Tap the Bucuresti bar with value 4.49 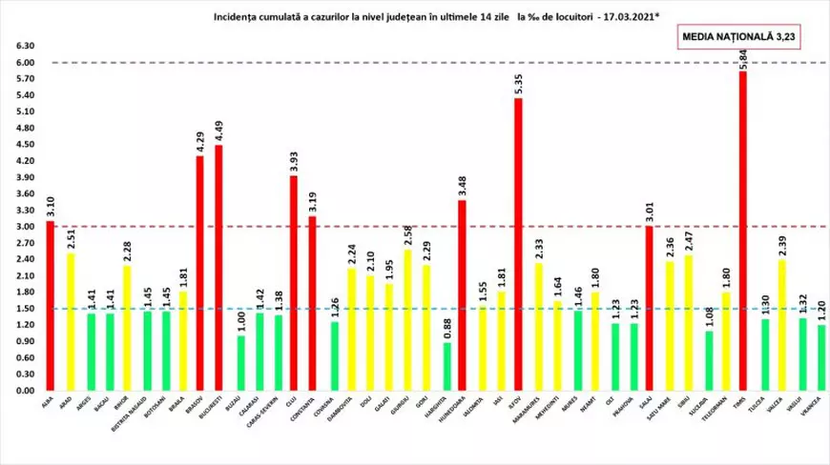pos(219,268)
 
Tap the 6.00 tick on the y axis pos(26,63)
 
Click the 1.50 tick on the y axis pos(26,309)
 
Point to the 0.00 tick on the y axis pos(26,391)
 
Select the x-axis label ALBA pos(48,404)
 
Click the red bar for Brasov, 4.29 pos(200,273)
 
